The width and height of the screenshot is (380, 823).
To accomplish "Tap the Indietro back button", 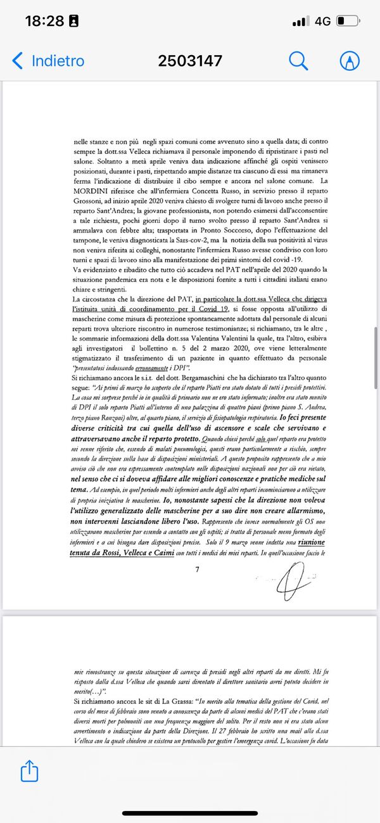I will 48,61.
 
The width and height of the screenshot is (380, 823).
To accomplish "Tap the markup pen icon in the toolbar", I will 349,61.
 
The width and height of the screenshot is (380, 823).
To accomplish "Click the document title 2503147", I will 190,61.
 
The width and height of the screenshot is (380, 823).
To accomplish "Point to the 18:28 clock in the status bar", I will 44,21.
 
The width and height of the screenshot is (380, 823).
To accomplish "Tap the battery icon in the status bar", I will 348,21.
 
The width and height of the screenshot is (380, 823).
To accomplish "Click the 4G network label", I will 322,21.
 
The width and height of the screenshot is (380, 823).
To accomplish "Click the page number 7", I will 197,552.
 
